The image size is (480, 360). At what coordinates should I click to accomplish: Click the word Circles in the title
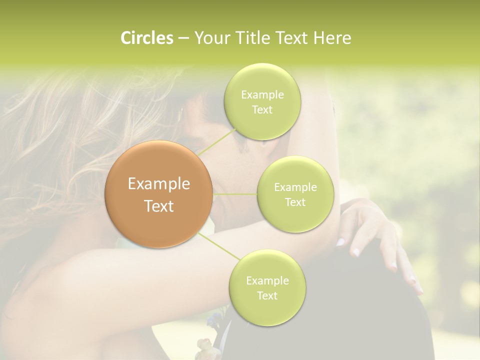pyautogui.click(x=147, y=38)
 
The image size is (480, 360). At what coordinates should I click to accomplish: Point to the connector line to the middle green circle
pyautogui.click(x=235, y=194)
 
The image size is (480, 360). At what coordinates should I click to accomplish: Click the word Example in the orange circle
pyautogui.click(x=159, y=184)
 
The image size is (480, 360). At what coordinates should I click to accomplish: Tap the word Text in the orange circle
pyautogui.click(x=159, y=206)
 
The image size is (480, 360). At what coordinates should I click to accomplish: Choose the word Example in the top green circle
pyautogui.click(x=262, y=95)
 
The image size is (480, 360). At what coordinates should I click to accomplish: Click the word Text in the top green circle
pyautogui.click(x=262, y=110)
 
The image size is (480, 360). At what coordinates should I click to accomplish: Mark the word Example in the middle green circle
pyautogui.click(x=295, y=187)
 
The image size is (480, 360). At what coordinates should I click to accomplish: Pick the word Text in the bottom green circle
pyautogui.click(x=267, y=296)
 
